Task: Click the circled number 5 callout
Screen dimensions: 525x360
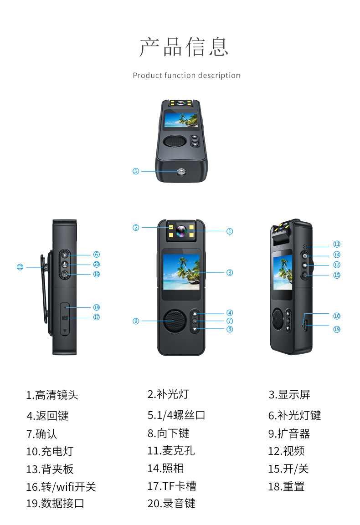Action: (136, 171)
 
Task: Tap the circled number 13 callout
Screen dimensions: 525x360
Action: (20, 267)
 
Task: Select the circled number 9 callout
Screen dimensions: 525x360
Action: (136, 321)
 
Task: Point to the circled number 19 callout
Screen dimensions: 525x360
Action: (337, 329)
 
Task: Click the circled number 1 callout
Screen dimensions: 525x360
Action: (230, 231)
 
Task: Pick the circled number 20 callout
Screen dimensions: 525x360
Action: (96, 264)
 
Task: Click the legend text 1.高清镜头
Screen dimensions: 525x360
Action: (52, 395)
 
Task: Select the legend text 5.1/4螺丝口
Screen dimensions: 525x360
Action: (176, 415)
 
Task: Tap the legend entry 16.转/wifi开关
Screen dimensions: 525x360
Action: (61, 487)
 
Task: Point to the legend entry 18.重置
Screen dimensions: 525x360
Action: (286, 486)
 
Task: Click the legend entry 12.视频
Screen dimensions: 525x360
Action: (286, 451)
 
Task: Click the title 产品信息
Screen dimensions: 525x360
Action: (184, 47)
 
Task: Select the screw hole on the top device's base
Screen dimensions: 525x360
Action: (182, 171)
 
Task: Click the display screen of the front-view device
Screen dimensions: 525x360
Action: (181, 272)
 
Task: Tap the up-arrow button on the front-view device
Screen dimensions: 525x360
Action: (195, 314)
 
